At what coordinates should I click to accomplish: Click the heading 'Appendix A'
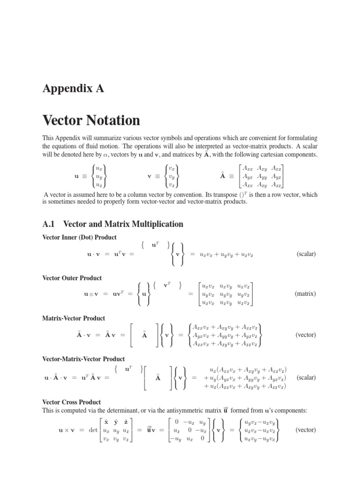[x=73, y=89]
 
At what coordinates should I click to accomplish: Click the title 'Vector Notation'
[x=91, y=120]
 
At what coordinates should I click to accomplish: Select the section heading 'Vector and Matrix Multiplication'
[x=123, y=224]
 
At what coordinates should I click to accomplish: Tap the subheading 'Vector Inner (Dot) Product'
[x=79, y=237]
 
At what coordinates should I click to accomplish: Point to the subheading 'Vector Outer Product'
[x=72, y=278]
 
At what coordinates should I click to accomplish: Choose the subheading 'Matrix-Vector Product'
[x=74, y=318]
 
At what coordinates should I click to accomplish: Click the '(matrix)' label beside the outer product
[x=305, y=294]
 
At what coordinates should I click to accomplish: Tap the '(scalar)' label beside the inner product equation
[x=307, y=254]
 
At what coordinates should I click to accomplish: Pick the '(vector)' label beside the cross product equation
[x=306, y=429]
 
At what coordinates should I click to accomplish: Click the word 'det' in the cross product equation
[x=93, y=430]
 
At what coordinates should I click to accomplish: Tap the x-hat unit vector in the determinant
[x=107, y=421]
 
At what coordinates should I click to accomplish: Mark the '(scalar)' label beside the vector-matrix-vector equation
[x=307, y=377]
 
